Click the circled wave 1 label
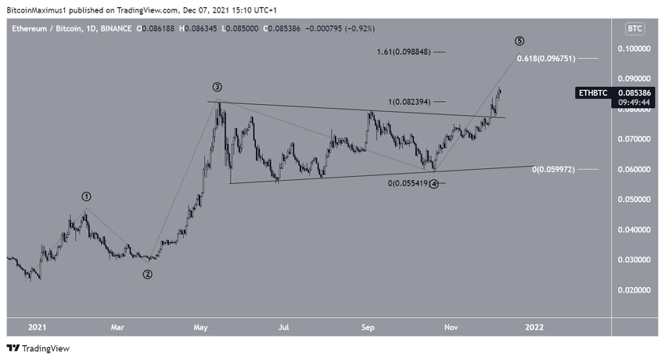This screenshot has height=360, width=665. [87, 196]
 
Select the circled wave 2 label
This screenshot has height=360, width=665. [146, 274]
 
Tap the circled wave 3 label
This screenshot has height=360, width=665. [217, 87]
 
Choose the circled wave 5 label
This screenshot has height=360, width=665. [519, 41]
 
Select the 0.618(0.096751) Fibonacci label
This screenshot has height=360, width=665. [547, 59]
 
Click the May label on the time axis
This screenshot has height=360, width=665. [201, 326]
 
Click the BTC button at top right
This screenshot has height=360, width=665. [634, 29]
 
